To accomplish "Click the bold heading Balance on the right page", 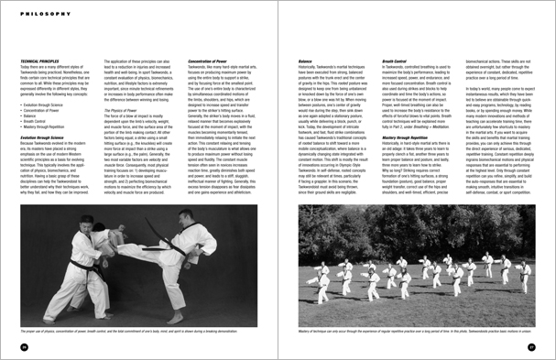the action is [x=304, y=61].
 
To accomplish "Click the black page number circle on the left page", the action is [x=23, y=346].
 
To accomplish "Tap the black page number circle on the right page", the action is [x=530, y=346].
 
